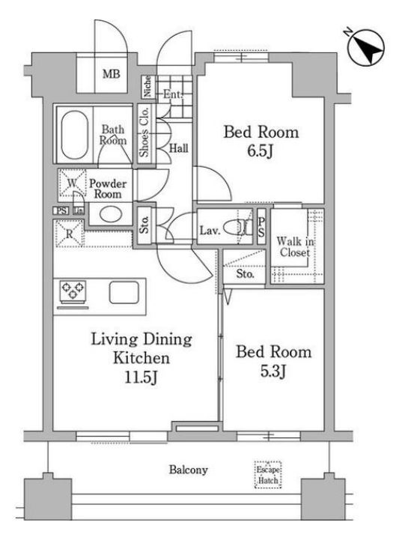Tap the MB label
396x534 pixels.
click(x=112, y=73)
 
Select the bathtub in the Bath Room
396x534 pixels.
click(x=75, y=135)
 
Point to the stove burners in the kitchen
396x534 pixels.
click(x=73, y=291)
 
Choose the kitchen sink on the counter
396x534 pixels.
click(x=124, y=293)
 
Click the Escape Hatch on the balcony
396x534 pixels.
click(x=268, y=475)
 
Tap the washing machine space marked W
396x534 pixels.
click(x=72, y=183)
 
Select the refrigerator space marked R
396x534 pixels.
click(x=70, y=234)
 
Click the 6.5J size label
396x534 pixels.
click(x=261, y=151)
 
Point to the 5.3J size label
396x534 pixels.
click(x=274, y=371)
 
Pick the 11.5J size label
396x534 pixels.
click(x=141, y=377)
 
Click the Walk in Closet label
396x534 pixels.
click(x=295, y=247)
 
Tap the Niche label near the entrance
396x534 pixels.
click(x=147, y=86)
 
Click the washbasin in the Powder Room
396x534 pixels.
click(x=111, y=214)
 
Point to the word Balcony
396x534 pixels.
click(x=189, y=470)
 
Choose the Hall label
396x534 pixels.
click(x=179, y=148)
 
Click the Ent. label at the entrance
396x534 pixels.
click(x=173, y=94)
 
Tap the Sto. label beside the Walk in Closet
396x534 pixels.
click(x=245, y=273)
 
